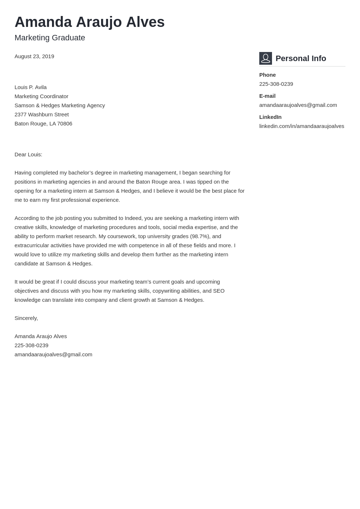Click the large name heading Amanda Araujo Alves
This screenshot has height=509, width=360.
(x=89, y=22)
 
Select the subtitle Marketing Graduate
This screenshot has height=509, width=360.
(x=50, y=38)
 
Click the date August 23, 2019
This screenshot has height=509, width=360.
(x=34, y=56)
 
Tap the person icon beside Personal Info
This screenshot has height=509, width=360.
(x=265, y=58)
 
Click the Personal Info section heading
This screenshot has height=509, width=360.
(x=301, y=59)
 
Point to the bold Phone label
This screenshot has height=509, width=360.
(x=267, y=75)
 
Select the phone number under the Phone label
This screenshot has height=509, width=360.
(x=276, y=84)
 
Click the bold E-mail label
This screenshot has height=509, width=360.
(x=267, y=96)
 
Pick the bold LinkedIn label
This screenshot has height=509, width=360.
(x=270, y=117)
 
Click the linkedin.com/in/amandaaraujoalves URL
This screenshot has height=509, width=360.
(x=301, y=126)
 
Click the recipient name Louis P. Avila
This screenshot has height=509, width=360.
(x=31, y=87)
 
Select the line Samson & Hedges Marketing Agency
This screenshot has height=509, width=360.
(x=60, y=105)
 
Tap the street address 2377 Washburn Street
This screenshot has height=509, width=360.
(x=41, y=115)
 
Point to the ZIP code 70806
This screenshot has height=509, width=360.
(x=65, y=124)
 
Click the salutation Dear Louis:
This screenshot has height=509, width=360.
(x=28, y=155)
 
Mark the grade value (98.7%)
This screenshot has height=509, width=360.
(x=200, y=236)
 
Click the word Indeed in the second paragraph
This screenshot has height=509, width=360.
(x=133, y=218)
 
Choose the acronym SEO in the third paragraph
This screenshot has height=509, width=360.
(x=219, y=291)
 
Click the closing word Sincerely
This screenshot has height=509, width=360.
(x=26, y=318)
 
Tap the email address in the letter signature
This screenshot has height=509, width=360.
(x=53, y=354)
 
